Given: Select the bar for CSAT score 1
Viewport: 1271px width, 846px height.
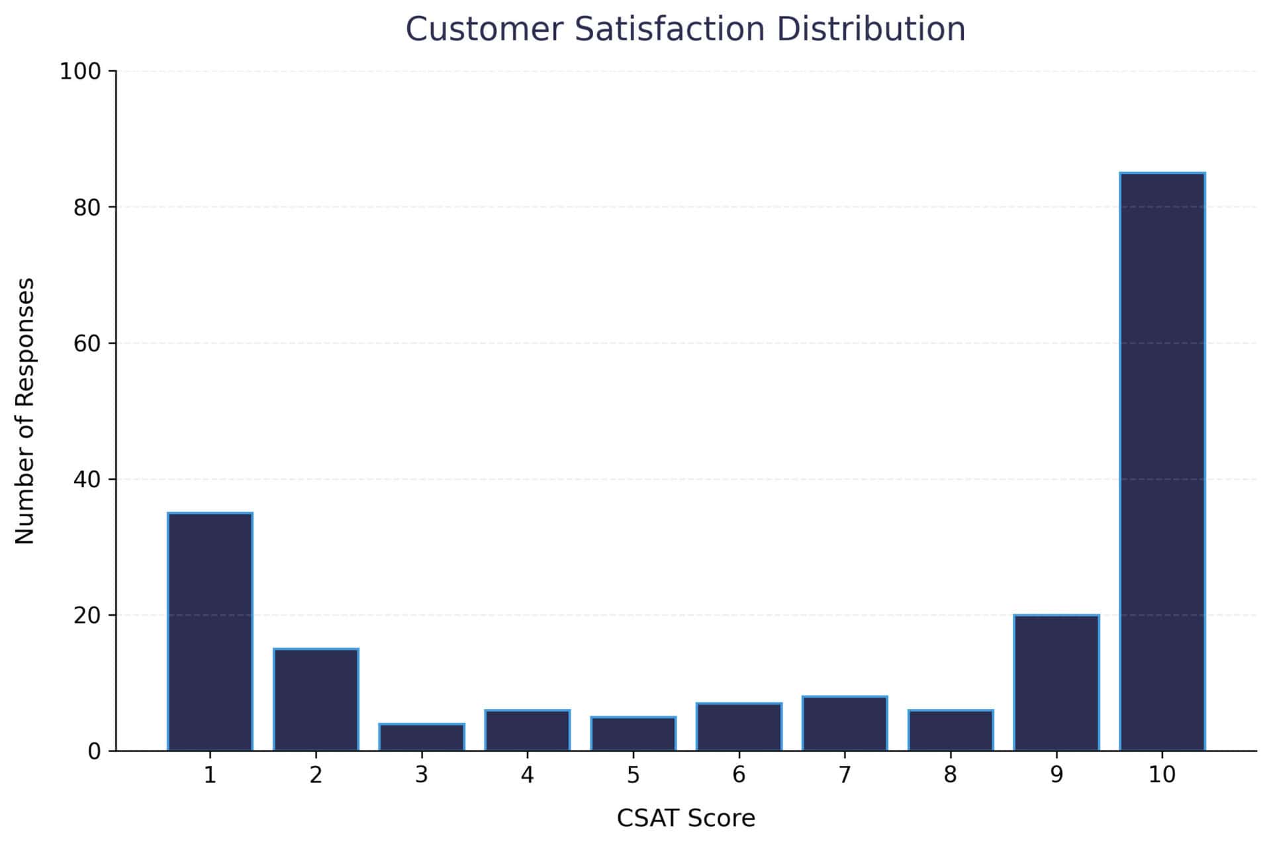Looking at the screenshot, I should (x=210, y=632).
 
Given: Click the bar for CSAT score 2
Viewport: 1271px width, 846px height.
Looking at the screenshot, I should (x=316, y=700).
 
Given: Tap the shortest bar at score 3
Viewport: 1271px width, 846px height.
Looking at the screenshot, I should (x=422, y=737).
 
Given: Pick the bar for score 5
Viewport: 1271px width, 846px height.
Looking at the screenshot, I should (x=634, y=733).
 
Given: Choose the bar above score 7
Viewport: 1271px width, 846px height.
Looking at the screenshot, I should (x=845, y=724).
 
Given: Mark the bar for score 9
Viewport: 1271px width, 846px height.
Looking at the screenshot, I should (x=1057, y=682).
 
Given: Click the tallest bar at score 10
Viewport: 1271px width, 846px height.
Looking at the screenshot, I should (x=1162, y=461).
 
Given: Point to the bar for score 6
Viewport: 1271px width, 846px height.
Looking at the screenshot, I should (x=739, y=727).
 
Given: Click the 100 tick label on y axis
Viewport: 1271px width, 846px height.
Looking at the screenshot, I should (x=79, y=71).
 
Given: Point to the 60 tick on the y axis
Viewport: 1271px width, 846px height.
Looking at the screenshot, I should (x=87, y=344).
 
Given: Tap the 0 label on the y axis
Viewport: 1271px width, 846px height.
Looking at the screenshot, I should (x=94, y=752).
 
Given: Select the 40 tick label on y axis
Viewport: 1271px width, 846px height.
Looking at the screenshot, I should (x=87, y=479).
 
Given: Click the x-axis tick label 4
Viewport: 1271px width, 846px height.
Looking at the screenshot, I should (x=527, y=775).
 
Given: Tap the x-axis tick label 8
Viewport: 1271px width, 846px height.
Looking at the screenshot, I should (x=950, y=775).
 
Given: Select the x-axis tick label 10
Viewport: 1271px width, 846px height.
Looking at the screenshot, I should (x=1162, y=775).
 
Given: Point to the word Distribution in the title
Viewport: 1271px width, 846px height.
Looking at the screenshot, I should (x=871, y=29).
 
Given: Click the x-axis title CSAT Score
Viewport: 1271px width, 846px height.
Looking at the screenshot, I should (x=686, y=819).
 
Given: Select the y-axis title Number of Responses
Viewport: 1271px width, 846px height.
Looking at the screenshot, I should (x=24, y=410).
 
